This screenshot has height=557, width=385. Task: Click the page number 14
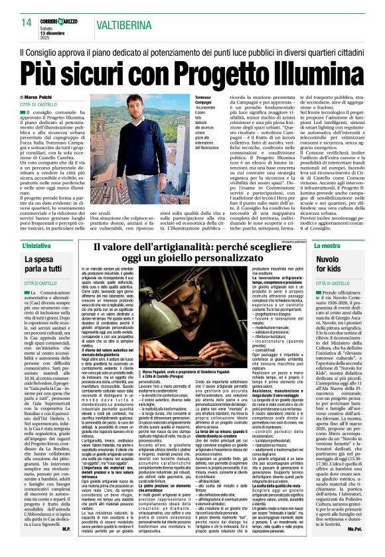click(x=25, y=23)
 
